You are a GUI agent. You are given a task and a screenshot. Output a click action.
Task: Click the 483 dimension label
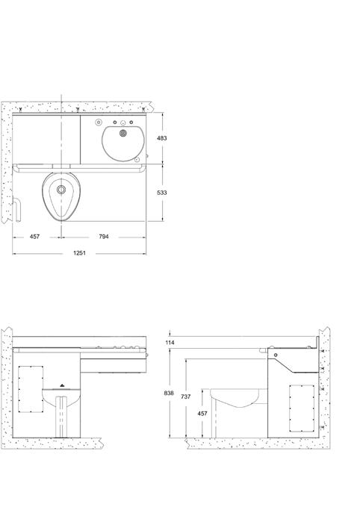[161, 138]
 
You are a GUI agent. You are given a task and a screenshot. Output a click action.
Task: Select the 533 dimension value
[161, 193]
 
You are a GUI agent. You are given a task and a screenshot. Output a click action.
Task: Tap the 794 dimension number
[104, 237]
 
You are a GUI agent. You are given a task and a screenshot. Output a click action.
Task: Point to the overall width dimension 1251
[79, 253]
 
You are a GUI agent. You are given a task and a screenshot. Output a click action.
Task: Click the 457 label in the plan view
[34, 237]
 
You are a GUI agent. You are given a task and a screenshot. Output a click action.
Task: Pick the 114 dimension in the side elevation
[170, 343]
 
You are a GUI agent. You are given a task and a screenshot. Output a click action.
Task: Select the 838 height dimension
[169, 394]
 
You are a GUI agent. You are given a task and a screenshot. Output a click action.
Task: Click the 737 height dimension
[185, 397]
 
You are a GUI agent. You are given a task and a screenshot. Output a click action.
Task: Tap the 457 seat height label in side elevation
[202, 414]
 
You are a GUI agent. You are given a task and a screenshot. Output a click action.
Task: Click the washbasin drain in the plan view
[123, 133]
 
